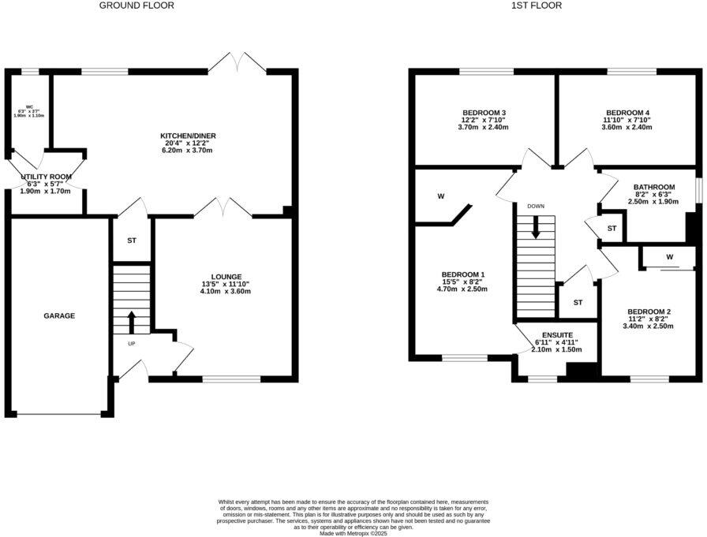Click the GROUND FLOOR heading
point(137,6)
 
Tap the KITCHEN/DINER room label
point(188,136)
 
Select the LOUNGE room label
point(226,277)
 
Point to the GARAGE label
point(59,316)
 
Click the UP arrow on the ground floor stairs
point(131,323)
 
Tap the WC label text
point(28,106)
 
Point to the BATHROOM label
point(654,187)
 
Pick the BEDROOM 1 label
point(462,274)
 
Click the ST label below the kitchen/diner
point(131,240)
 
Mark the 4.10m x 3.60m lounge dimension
point(226,292)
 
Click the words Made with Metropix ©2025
point(353,533)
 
